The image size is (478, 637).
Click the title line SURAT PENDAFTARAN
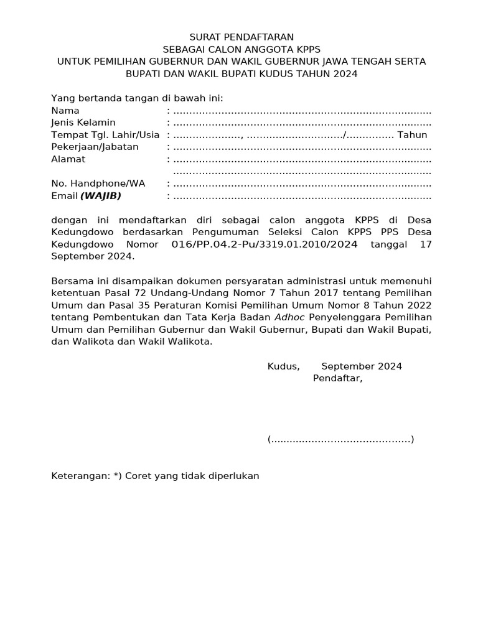241,37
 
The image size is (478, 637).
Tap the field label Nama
65,111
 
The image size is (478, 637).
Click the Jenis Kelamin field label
83,123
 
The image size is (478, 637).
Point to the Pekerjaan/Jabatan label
95,147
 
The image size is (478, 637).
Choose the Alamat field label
68,159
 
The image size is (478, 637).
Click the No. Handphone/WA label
98,184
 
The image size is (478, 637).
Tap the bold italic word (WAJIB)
101,196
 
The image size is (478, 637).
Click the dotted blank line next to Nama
302,111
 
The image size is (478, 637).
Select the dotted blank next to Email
302,197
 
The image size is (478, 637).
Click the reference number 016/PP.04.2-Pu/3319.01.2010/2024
265,244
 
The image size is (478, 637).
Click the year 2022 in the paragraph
417,305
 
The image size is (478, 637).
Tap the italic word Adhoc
290,317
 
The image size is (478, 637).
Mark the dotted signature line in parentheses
341,440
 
